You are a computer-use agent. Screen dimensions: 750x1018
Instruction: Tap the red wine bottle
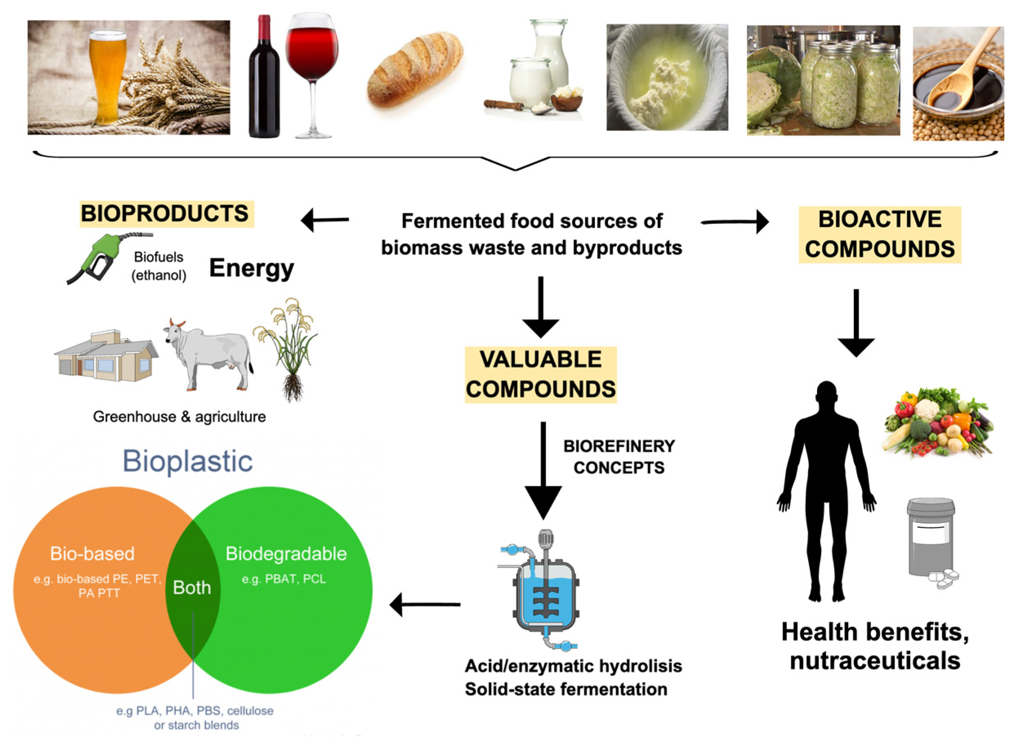264,82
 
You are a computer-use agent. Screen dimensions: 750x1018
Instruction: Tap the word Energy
251,268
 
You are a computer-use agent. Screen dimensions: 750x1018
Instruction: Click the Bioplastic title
187,461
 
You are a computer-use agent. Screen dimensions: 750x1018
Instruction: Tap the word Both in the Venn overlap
192,588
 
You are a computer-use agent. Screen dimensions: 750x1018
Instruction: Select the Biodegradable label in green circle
286,554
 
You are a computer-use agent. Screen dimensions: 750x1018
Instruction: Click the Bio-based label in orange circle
92,554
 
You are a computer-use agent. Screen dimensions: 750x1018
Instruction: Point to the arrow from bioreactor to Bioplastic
425,604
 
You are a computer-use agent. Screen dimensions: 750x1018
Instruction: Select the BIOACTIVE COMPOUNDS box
880,234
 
